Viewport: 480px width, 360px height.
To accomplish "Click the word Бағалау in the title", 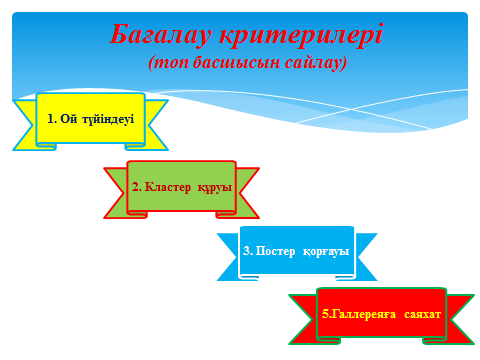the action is tap(161, 34).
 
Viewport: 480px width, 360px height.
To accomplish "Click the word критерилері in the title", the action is tap(302, 34).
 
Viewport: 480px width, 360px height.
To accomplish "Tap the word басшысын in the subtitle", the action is tap(237, 62).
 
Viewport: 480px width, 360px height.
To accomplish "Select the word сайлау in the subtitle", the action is tap(316, 63).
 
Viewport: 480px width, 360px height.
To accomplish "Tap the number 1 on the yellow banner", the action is tap(50, 119).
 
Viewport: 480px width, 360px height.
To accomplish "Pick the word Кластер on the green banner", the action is tap(168, 187).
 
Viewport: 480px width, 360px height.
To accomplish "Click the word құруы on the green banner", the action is tap(215, 188).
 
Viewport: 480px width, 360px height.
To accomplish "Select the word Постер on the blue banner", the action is tap(275, 251).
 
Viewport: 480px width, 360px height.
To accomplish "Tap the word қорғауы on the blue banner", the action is tap(326, 251).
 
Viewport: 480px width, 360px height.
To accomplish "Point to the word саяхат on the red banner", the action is tap(423, 314).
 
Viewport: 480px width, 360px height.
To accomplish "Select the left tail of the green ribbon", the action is tap(117, 193).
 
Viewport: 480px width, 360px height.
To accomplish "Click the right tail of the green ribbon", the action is tap(247, 193).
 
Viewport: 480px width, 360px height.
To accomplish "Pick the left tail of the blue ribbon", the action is tap(229, 257).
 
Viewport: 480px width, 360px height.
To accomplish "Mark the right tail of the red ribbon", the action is tap(462, 319).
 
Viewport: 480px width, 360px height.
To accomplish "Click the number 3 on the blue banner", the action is tap(246, 250).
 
